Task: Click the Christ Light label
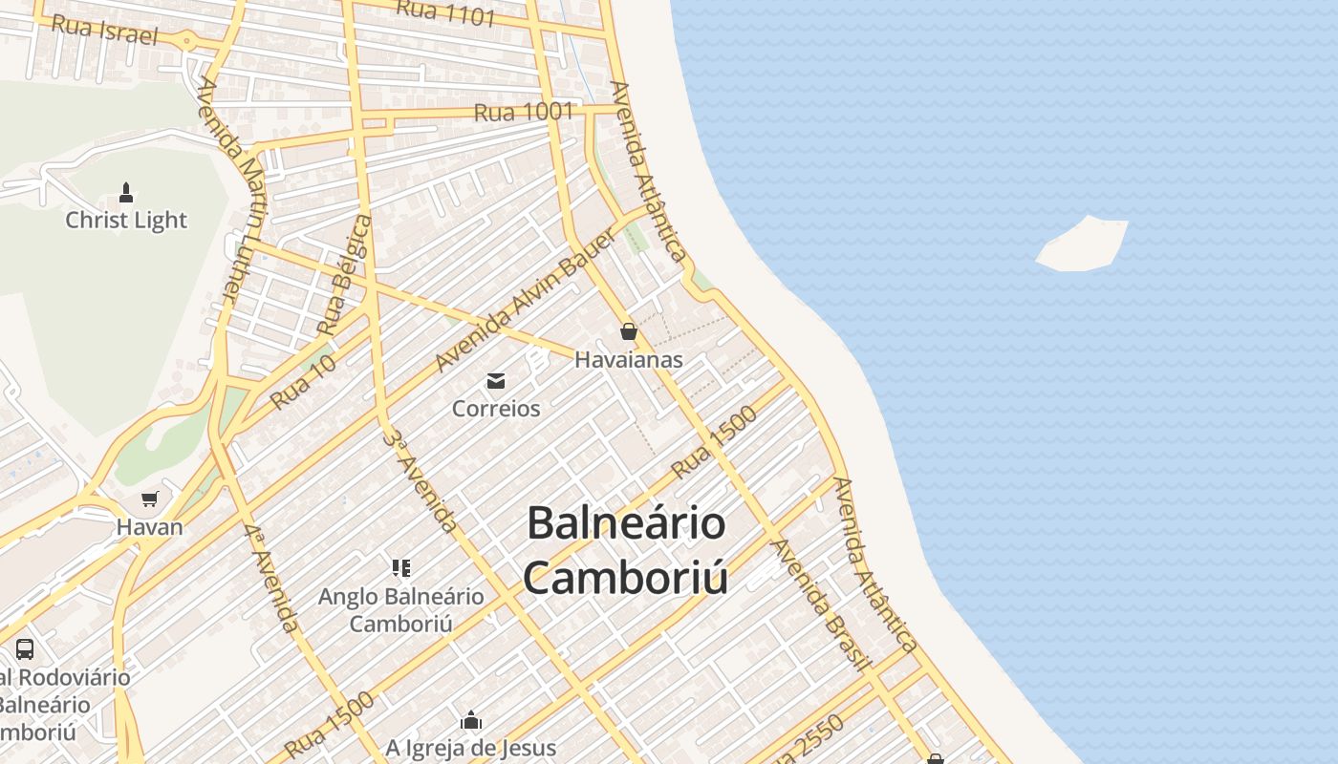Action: click(126, 220)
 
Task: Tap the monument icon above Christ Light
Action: click(125, 193)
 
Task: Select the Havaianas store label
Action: click(629, 359)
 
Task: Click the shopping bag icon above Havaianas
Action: click(628, 331)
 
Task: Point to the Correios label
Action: click(496, 409)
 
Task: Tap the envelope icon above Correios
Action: click(496, 382)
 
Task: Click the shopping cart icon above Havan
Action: click(149, 499)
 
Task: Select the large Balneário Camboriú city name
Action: click(626, 551)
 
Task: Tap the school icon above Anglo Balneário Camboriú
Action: click(401, 569)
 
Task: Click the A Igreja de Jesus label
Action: click(471, 747)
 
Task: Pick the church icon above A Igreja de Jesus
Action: click(471, 720)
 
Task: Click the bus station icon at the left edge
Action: click(25, 649)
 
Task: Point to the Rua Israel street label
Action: click(103, 29)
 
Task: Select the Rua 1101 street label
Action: click(445, 12)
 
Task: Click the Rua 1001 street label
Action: click(524, 112)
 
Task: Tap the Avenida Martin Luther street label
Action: click(230, 187)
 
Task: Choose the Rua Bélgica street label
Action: click(344, 275)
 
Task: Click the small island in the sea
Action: click(1083, 244)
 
